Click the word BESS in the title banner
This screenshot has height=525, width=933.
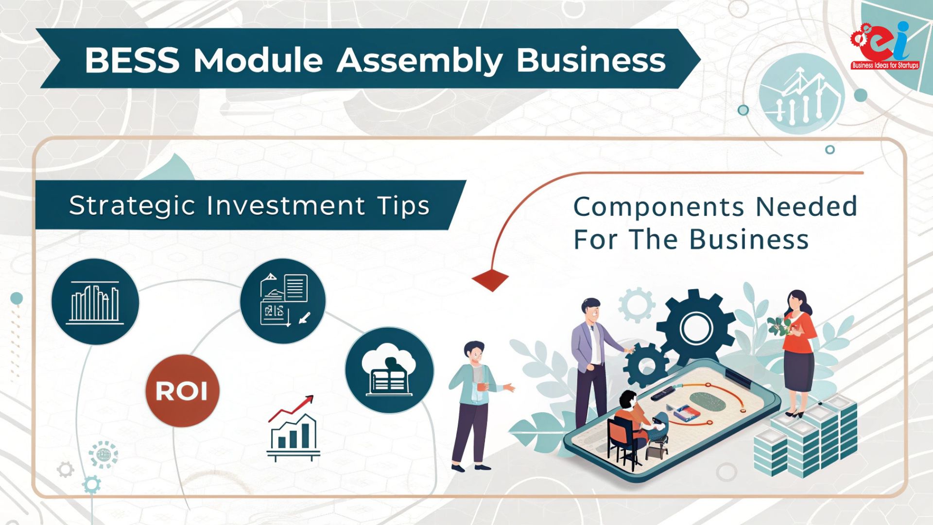[x=132, y=60]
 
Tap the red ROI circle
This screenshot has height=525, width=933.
[x=182, y=391]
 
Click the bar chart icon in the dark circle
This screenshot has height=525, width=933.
[x=95, y=301]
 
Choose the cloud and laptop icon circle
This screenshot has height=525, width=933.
[x=389, y=370]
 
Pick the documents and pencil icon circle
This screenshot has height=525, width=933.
[x=283, y=301]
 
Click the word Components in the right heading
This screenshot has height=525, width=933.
[x=658, y=208]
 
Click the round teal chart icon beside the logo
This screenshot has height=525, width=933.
[x=801, y=94]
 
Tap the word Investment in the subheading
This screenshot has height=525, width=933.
[x=286, y=206]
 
